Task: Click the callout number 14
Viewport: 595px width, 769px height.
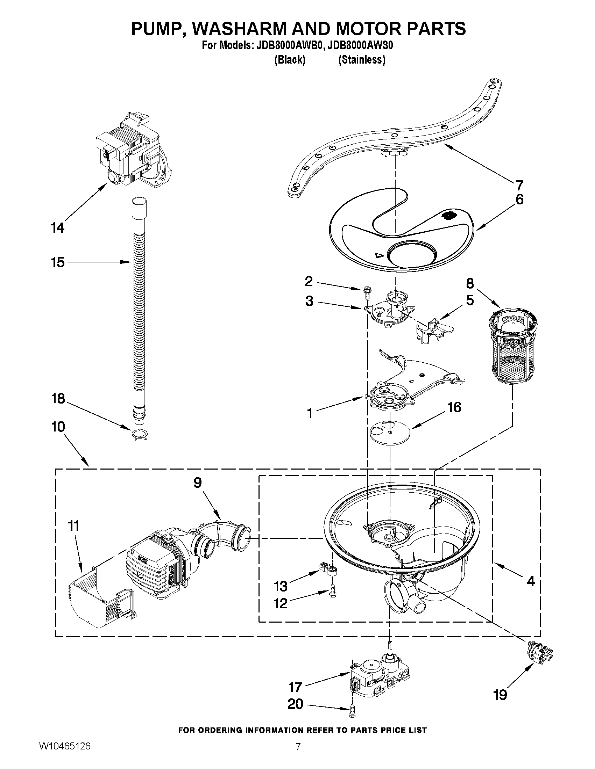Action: [57, 228]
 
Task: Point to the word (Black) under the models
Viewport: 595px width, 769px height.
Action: [289, 60]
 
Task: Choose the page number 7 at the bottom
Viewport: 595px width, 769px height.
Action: [298, 754]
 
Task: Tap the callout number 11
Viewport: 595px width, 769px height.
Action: [73, 526]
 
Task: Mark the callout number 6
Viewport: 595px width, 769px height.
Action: [519, 199]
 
